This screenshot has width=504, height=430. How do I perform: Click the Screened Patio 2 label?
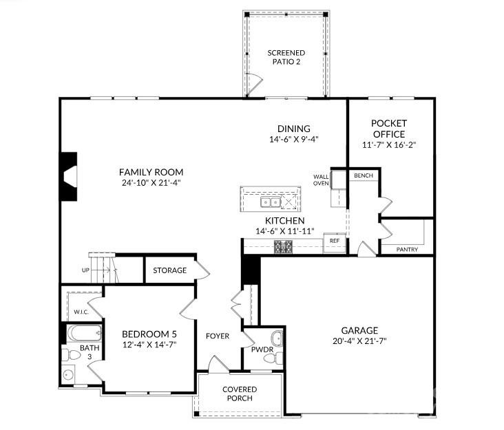click(286, 57)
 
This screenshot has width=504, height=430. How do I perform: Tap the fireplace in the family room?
click(69, 177)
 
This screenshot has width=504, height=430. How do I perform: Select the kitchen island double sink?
click(271, 202)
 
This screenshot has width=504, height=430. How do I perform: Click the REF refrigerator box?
click(335, 244)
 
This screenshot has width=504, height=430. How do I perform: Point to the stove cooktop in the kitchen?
click(283, 247)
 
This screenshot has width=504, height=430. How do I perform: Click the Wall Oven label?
click(321, 180)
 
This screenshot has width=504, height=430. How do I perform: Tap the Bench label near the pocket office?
click(364, 175)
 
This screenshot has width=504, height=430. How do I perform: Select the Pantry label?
click(407, 249)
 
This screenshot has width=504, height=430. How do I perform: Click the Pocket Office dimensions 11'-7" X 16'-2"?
click(389, 145)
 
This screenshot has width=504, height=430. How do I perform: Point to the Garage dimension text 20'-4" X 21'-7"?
click(359, 341)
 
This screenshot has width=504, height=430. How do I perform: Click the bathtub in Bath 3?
click(85, 334)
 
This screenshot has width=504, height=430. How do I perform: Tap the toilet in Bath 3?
click(71, 355)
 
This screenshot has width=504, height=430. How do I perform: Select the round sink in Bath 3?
click(68, 374)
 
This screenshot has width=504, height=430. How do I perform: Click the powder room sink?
click(277, 338)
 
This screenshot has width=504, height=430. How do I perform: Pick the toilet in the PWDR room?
click(274, 358)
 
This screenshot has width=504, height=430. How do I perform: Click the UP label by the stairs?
click(85, 270)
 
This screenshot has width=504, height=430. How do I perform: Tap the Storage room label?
click(169, 270)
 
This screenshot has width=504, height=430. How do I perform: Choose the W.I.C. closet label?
click(81, 312)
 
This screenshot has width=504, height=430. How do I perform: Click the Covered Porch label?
click(240, 394)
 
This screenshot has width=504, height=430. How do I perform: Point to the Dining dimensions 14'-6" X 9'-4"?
click(294, 140)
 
